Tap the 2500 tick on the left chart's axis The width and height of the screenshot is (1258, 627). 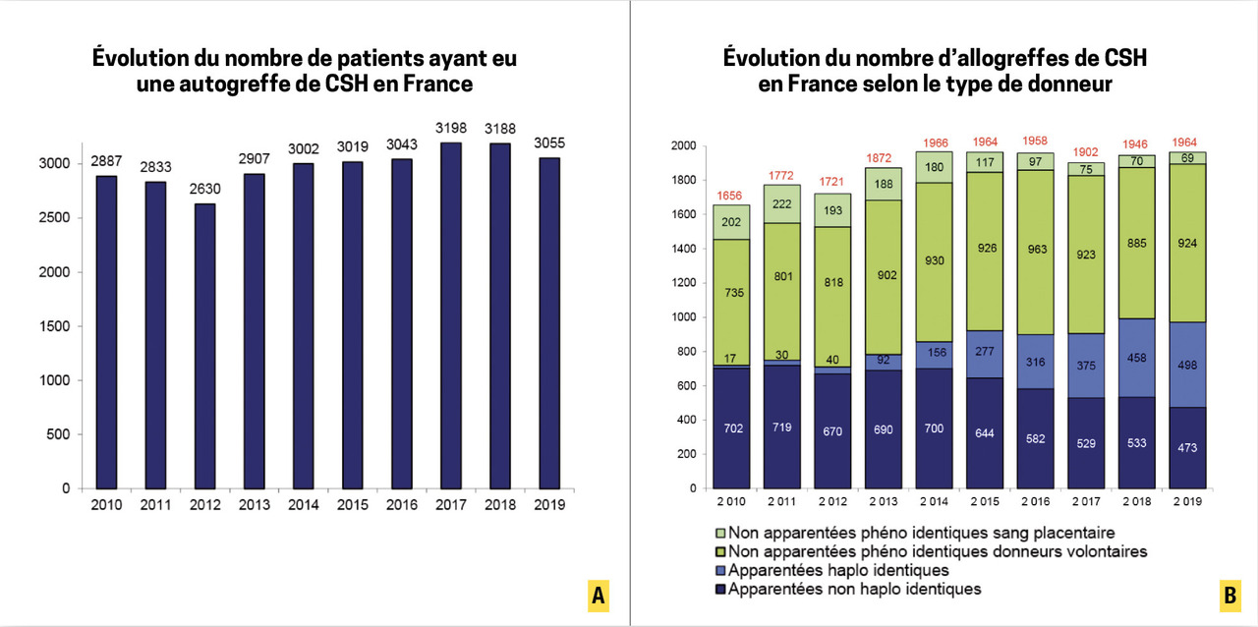(59, 217)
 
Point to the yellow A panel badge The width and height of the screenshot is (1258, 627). (599, 596)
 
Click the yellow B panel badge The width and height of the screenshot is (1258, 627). (1229, 596)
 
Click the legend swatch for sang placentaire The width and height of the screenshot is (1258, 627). (721, 533)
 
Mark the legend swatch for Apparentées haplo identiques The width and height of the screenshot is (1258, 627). (721, 570)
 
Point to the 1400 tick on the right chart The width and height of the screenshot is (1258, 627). (684, 249)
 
